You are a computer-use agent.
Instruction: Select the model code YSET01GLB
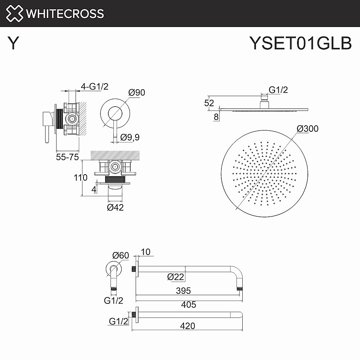(300, 44)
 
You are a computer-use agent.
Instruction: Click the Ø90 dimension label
(136, 93)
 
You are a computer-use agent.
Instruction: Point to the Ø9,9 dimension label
(130, 137)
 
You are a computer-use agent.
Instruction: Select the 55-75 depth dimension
(67, 157)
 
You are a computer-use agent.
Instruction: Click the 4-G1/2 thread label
(95, 86)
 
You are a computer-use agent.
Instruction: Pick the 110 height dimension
(81, 177)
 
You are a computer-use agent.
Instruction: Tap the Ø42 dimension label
(115, 207)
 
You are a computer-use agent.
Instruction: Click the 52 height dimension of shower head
(209, 103)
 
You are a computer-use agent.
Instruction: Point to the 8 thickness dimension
(216, 116)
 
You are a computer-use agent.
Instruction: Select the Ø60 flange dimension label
(120, 255)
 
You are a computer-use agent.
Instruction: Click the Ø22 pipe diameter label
(176, 276)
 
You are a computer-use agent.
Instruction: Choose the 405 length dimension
(188, 305)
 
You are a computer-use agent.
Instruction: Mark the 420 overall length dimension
(187, 326)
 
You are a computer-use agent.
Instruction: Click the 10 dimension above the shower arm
(146, 252)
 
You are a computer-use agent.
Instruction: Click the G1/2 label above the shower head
(278, 90)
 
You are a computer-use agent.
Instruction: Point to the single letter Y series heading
(13, 44)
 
